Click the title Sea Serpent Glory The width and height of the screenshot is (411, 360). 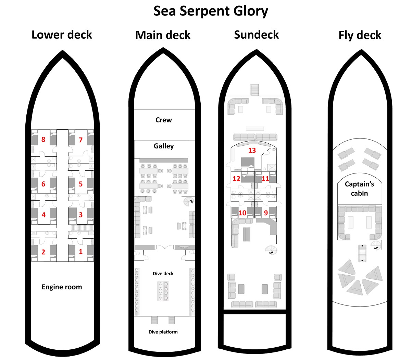[x=211, y=11]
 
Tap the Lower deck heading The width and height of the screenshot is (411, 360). [x=62, y=35]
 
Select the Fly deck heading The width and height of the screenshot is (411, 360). [x=360, y=35]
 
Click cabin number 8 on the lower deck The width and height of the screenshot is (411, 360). [x=43, y=140]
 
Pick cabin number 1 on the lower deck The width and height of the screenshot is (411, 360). [x=80, y=251]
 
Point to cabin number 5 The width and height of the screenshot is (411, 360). [x=80, y=184]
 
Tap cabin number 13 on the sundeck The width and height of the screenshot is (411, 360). [x=252, y=150]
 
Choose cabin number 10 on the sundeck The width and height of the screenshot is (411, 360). [x=242, y=213]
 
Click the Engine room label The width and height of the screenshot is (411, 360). [x=62, y=287]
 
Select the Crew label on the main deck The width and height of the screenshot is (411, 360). [x=163, y=120]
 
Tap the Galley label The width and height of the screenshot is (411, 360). [x=163, y=146]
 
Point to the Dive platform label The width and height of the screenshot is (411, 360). [x=163, y=332]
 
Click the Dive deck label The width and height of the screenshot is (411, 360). [x=163, y=274]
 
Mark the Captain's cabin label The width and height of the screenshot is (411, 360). [x=359, y=189]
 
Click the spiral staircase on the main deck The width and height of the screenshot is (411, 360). [x=189, y=202]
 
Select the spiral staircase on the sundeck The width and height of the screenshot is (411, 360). [x=271, y=250]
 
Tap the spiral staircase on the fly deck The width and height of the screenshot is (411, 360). [x=375, y=245]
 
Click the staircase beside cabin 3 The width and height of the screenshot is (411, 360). [x=83, y=228]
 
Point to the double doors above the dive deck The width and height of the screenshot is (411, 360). [x=165, y=247]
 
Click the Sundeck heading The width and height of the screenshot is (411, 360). [x=256, y=35]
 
